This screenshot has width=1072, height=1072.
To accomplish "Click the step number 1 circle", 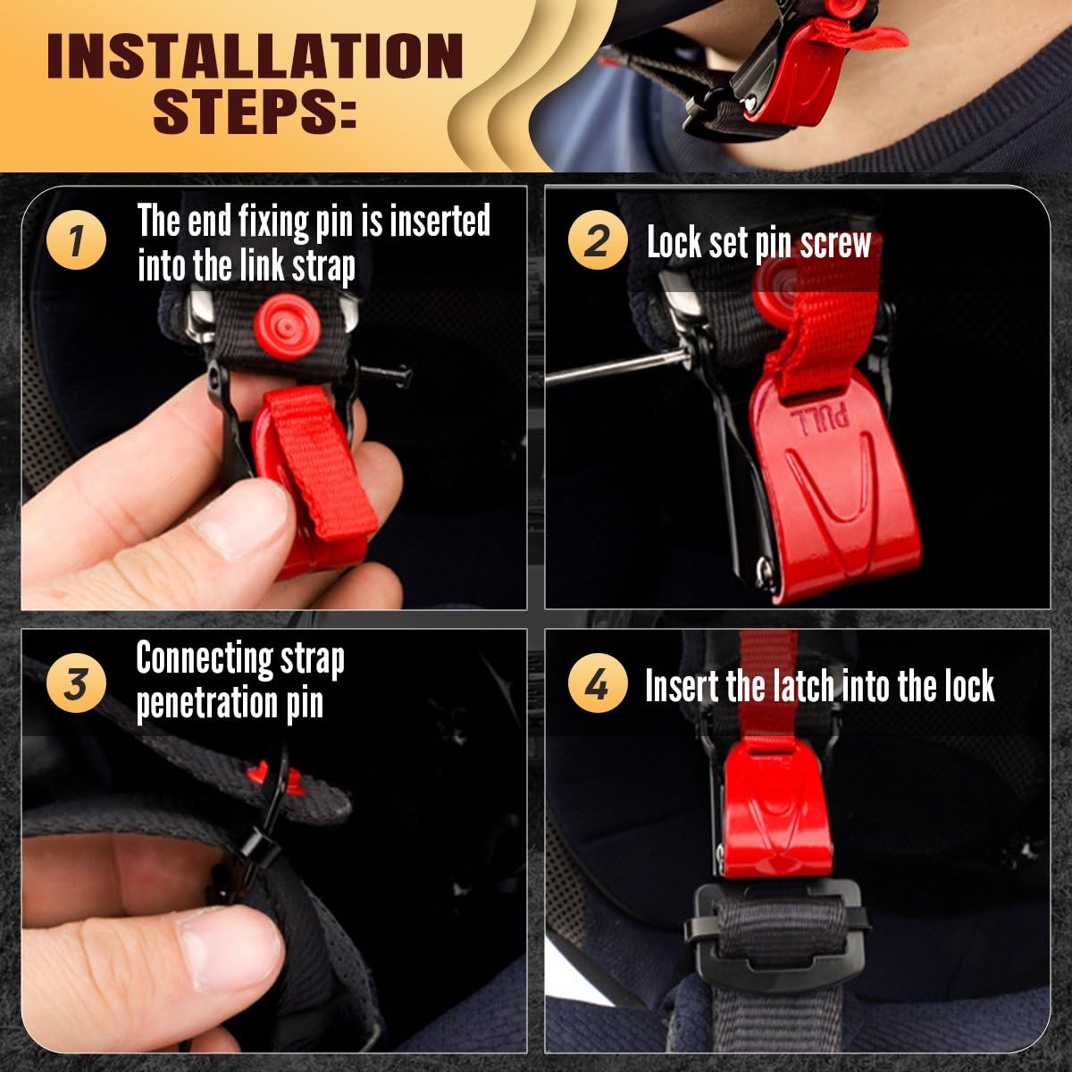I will [x=76, y=242].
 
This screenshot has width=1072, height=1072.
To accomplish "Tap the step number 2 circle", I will [x=597, y=242].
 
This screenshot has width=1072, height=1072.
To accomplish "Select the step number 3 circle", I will [x=76, y=683].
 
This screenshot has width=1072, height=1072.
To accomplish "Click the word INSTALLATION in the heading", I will [x=255, y=55].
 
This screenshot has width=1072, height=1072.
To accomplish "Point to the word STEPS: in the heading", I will [x=255, y=112].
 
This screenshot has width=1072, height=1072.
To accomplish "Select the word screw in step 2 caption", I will [x=836, y=243].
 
